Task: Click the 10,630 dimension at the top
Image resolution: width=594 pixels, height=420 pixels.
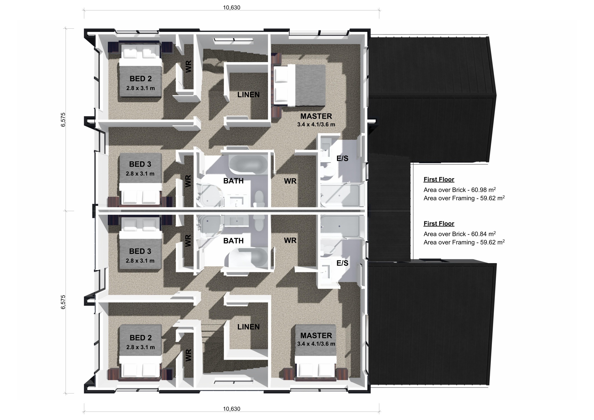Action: coord(231,8)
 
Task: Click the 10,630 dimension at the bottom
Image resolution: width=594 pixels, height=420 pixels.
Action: coord(231,409)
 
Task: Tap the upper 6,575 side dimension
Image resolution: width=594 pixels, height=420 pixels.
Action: coord(63,120)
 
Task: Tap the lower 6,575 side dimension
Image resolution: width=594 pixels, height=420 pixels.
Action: coord(63,302)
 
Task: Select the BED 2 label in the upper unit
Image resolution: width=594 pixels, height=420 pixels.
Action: coord(141,79)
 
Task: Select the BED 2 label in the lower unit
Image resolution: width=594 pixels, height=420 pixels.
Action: coord(141,338)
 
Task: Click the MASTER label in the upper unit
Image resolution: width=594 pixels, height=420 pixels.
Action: coord(316,116)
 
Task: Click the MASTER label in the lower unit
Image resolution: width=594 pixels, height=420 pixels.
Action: coord(316,336)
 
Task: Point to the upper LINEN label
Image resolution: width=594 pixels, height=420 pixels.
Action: coord(248,95)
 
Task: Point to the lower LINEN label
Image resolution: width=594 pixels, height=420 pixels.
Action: coord(248,327)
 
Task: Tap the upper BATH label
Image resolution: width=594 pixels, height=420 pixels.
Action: coord(233,181)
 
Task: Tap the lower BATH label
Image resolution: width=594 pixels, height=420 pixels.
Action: coord(233,241)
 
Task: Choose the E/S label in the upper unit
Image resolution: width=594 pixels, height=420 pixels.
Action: coord(342,159)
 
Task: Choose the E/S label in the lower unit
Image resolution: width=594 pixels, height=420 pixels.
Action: coord(342,263)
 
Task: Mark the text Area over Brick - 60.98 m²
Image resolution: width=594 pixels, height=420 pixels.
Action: coord(459,190)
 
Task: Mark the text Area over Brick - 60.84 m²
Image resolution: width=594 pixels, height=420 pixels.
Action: coord(459,234)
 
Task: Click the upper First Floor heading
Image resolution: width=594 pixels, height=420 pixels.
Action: coord(439,180)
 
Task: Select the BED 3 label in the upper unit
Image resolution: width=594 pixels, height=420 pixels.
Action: coord(140,164)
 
